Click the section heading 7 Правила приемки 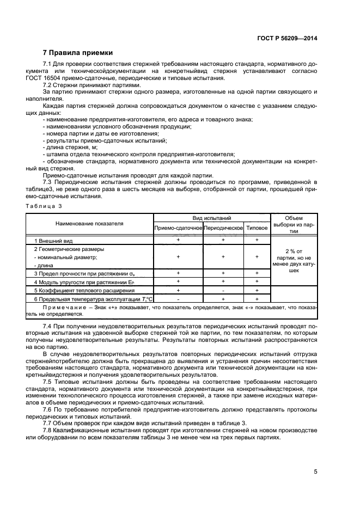pos(77,53)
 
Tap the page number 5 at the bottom pos(315,471)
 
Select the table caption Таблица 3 pos(45,206)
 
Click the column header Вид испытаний pos(212,217)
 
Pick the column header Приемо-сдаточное pos(178,228)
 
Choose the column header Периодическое pos(223,228)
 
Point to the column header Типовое pos(257,228)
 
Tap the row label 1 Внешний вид pos(53,240)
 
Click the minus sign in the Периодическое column pos(223,291)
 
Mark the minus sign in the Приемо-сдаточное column pos(178,299)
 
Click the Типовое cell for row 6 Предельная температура pos(257,299)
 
